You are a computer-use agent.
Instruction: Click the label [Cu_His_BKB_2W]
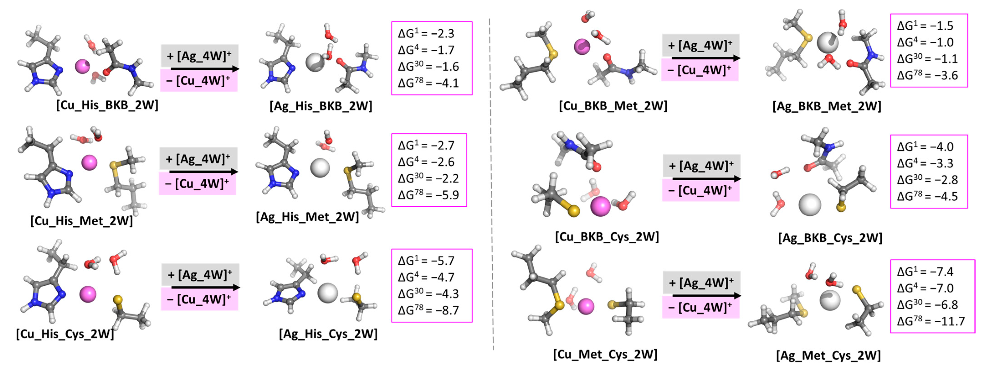107,105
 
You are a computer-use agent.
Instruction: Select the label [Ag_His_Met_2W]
307,217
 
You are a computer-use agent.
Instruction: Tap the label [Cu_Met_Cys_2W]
605,354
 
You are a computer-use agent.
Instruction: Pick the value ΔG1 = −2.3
426,33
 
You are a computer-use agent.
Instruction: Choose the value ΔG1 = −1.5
925,26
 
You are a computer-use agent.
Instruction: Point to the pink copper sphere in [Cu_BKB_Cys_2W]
600,206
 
